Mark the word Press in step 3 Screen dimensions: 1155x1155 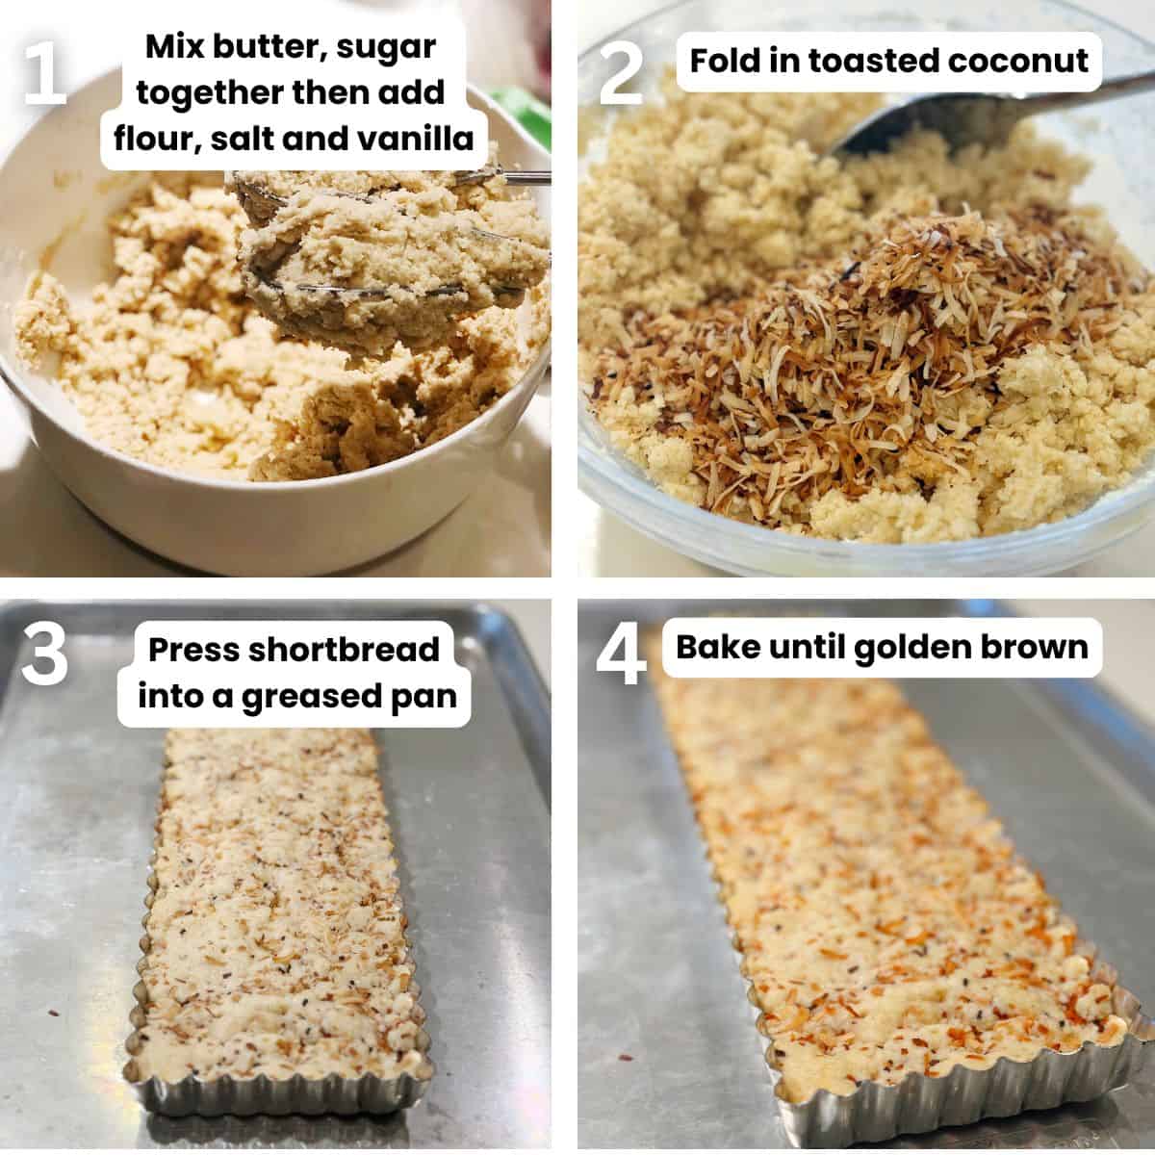(x=193, y=650)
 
